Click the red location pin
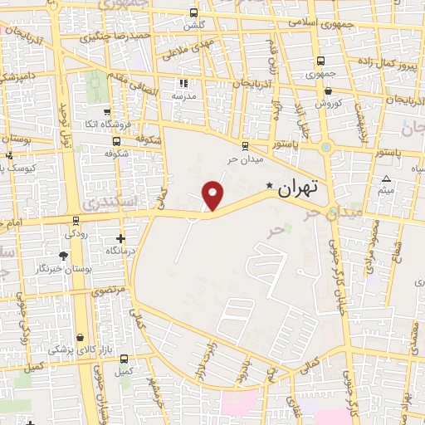click(x=213, y=195)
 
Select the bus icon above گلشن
click(x=193, y=13)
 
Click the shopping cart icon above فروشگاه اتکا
click(x=107, y=111)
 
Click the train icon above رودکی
click(x=76, y=221)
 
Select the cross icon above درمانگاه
click(x=121, y=238)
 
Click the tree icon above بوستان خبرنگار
click(x=65, y=256)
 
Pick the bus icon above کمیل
click(x=125, y=359)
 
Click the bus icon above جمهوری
click(x=320, y=61)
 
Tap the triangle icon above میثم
click(x=386, y=180)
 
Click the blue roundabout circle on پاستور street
click(x=327, y=149)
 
